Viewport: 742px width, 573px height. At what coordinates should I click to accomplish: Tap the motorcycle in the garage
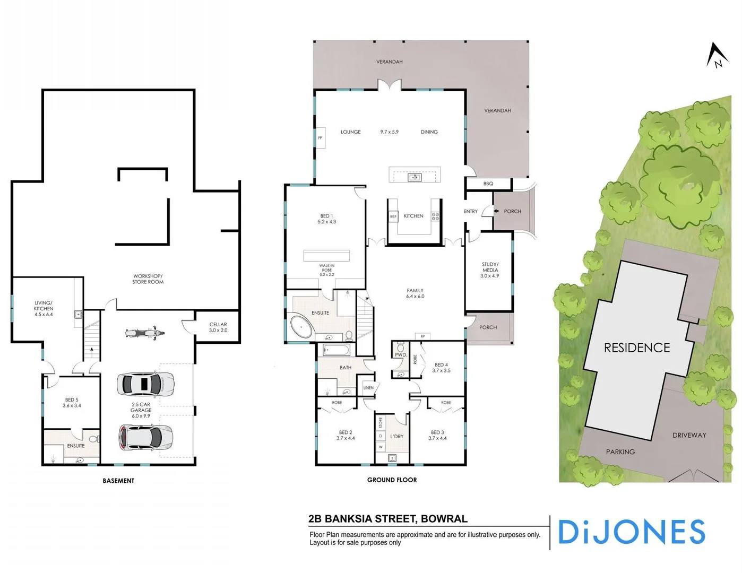point(144,333)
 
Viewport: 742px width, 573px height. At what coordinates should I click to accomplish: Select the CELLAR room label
point(218,327)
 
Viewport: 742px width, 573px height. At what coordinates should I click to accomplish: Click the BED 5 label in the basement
point(72,403)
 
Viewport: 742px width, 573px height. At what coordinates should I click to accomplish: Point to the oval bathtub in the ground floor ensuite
point(301,327)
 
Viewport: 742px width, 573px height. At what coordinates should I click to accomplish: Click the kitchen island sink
point(415,177)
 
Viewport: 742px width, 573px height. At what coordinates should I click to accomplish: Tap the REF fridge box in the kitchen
point(393,216)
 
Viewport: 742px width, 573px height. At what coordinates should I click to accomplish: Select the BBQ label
point(488,184)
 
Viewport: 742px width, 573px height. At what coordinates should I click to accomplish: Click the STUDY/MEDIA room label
point(490,270)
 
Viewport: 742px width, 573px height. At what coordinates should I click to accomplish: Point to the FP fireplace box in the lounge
point(320,138)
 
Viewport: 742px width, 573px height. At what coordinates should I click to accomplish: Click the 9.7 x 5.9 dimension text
point(389,132)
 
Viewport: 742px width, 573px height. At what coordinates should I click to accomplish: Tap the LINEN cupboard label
point(368,388)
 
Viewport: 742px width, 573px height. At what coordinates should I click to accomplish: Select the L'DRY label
point(397,437)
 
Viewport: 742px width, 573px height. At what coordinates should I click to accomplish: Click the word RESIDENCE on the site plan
point(637,348)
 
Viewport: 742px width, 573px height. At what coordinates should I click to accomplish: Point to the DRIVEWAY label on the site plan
point(689,435)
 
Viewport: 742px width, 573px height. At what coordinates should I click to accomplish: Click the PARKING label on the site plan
point(620,452)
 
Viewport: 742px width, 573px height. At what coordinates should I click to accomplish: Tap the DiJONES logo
point(632,532)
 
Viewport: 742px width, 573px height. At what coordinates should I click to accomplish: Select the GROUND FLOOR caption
point(392,480)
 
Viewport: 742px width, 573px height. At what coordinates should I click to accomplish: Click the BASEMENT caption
point(118,481)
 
